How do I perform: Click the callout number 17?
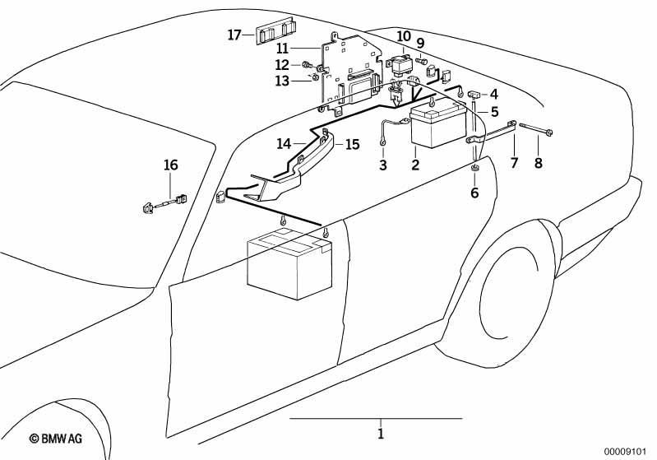tap(234, 35)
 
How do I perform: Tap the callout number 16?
tap(170, 165)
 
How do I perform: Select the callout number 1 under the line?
tap(381, 434)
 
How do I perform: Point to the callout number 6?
tap(474, 193)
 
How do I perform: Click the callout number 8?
tap(539, 162)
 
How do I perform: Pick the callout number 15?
tap(353, 144)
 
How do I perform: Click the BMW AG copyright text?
tap(56, 439)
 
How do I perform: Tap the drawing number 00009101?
tap(626, 451)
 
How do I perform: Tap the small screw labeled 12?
tap(307, 64)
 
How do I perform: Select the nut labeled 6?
tap(474, 168)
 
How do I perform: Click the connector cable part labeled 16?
tap(164, 203)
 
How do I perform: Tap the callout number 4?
tap(494, 94)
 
